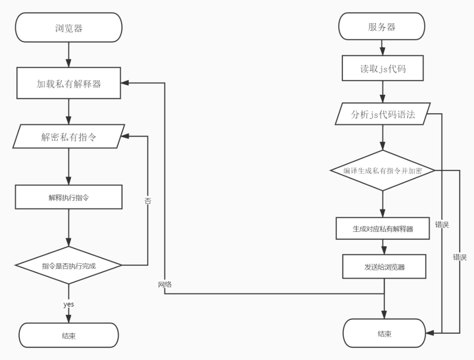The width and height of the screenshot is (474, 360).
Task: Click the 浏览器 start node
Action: pos(68,28)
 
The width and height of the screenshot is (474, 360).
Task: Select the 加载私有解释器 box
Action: pos(68,83)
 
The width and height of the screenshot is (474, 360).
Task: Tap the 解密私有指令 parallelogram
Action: pos(68,137)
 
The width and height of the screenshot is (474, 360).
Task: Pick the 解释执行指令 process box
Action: pos(68,197)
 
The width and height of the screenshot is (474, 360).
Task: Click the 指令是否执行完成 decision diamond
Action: pos(68,265)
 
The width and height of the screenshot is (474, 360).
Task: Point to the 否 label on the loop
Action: pos(147,201)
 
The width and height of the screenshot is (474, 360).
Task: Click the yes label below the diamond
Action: pos(68,304)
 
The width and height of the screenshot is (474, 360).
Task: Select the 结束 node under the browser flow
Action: pos(68,336)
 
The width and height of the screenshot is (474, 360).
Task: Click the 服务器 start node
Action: pos(382,27)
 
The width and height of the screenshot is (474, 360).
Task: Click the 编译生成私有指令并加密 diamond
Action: pos(382,170)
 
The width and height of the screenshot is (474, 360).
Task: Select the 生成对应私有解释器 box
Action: pos(383,228)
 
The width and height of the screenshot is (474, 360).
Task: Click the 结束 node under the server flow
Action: pos(384,334)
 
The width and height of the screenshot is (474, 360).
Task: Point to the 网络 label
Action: pos(165,284)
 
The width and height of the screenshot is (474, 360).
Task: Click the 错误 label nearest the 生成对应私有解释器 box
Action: pos(442,224)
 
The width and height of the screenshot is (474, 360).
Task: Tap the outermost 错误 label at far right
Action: pos(460,257)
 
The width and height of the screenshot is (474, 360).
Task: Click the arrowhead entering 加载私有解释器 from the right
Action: pos(125,83)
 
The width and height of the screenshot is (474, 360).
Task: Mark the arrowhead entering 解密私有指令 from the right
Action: pos(125,136)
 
